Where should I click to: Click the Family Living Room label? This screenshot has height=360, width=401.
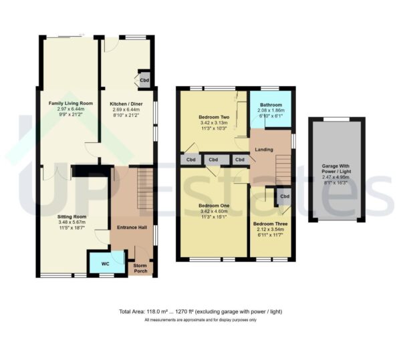click(x=70, y=104)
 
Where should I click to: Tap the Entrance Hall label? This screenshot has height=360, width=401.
click(x=132, y=228)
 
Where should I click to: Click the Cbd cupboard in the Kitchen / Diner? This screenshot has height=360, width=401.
click(x=144, y=79)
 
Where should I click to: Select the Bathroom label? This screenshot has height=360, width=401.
click(x=271, y=105)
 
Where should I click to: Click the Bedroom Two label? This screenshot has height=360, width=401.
click(x=214, y=116)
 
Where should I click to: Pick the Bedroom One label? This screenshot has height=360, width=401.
click(x=214, y=205)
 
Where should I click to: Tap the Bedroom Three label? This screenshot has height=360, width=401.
click(x=270, y=224)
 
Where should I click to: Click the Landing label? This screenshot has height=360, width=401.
click(x=263, y=149)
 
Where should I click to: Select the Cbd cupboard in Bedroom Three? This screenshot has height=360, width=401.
click(x=284, y=196)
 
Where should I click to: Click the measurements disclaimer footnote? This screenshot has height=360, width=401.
click(x=200, y=321)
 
